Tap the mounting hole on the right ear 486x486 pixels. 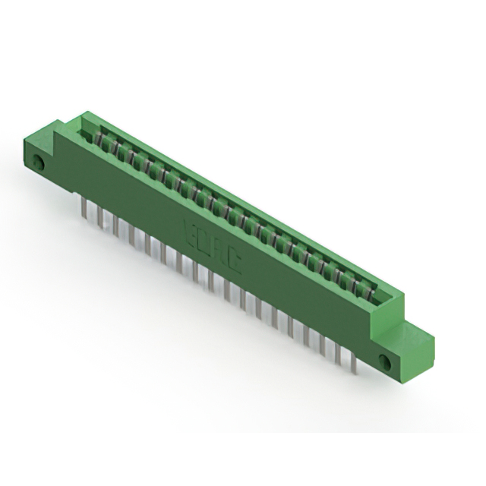385,361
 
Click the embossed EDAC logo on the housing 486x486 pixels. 213,246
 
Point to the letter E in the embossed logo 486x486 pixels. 190,230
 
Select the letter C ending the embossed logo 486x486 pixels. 235,263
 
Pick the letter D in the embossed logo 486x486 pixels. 201,238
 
